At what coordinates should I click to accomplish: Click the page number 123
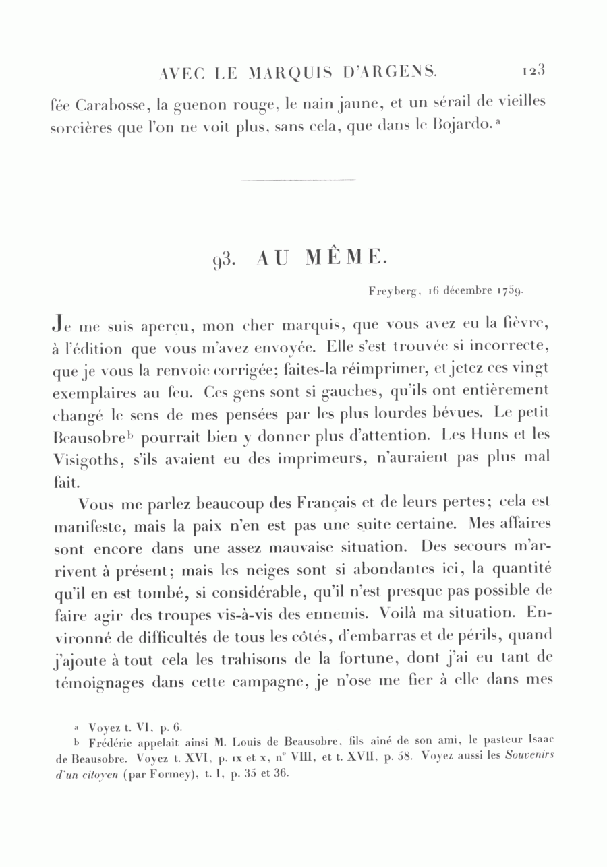click(533, 69)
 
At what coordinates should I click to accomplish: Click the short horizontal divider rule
click(297, 180)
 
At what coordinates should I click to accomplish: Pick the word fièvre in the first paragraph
click(527, 325)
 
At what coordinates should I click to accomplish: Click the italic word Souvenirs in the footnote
click(529, 755)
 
